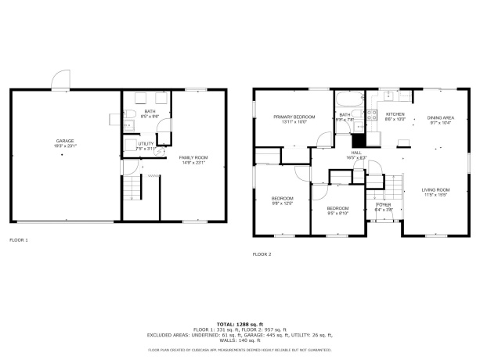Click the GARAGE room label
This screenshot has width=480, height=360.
click(x=65, y=141)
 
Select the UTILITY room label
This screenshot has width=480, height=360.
click(x=146, y=144)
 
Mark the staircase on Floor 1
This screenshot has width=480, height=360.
click(x=134, y=188)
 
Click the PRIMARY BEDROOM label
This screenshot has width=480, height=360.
click(x=294, y=117)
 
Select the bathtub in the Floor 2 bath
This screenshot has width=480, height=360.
click(x=348, y=99)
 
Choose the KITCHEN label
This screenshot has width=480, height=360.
click(x=395, y=114)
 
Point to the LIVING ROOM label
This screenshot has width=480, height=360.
click(x=436, y=189)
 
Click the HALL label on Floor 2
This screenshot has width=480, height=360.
click(x=356, y=153)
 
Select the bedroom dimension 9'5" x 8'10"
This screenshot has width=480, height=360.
click(x=337, y=213)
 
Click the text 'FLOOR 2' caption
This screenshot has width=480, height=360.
click(x=262, y=254)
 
